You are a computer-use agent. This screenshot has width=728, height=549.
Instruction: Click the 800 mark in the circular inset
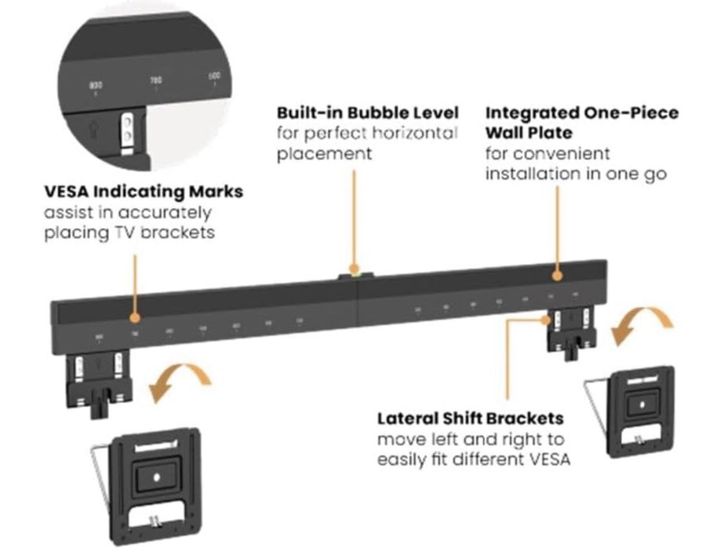tap(96, 85)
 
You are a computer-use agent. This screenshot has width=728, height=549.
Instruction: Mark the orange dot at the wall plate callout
tap(556, 276)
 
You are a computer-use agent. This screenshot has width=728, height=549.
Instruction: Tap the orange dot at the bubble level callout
tap(355, 267)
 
